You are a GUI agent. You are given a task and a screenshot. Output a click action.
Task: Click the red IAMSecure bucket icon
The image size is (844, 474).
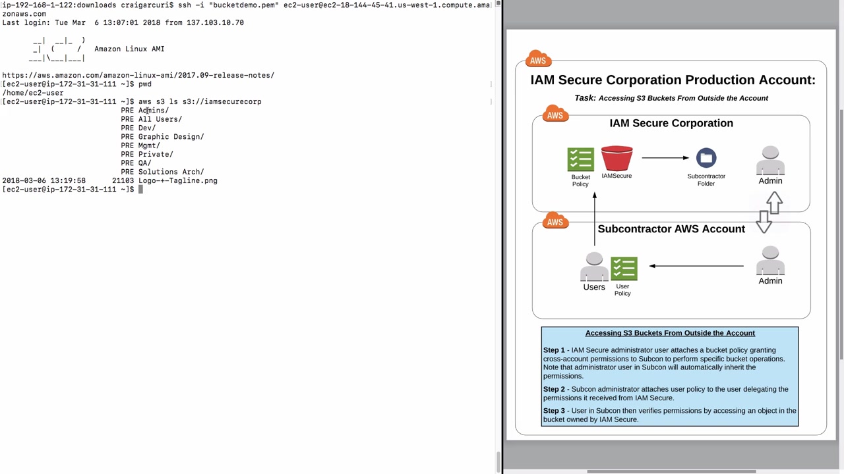pos(617,159)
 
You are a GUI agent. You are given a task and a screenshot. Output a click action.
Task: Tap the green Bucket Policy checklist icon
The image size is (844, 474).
pos(580,160)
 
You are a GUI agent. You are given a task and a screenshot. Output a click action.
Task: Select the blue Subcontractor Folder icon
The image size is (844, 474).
pos(706,158)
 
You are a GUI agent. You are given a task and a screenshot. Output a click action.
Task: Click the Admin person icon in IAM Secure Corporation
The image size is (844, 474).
pos(770,161)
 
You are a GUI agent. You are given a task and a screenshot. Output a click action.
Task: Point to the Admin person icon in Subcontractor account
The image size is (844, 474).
pos(770,261)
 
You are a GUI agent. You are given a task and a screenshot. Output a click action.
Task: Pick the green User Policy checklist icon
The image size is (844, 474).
pos(624,269)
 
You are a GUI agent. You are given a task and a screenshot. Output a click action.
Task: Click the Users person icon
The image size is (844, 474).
pos(594,267)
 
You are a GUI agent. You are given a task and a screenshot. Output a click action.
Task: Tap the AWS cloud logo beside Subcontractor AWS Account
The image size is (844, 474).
pos(555,222)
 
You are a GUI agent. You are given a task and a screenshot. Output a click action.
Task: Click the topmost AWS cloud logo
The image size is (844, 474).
pos(538,60)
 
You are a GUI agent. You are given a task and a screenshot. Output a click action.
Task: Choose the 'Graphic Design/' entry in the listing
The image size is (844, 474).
pos(171,137)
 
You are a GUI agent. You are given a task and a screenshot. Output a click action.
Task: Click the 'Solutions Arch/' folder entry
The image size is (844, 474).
pos(171,172)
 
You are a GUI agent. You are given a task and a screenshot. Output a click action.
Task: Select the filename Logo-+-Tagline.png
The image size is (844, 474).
pos(177,180)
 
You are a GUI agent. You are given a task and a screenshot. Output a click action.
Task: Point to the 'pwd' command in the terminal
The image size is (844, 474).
pos(144,84)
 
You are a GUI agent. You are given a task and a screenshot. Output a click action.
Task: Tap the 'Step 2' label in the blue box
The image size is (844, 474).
pos(554,389)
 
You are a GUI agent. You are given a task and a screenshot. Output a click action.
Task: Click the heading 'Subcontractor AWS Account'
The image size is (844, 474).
pos(671,229)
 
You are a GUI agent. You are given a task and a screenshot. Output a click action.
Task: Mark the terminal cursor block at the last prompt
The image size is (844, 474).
pos(140,190)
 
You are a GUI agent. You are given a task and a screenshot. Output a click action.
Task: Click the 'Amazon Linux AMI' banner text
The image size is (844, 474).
pos(129,49)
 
